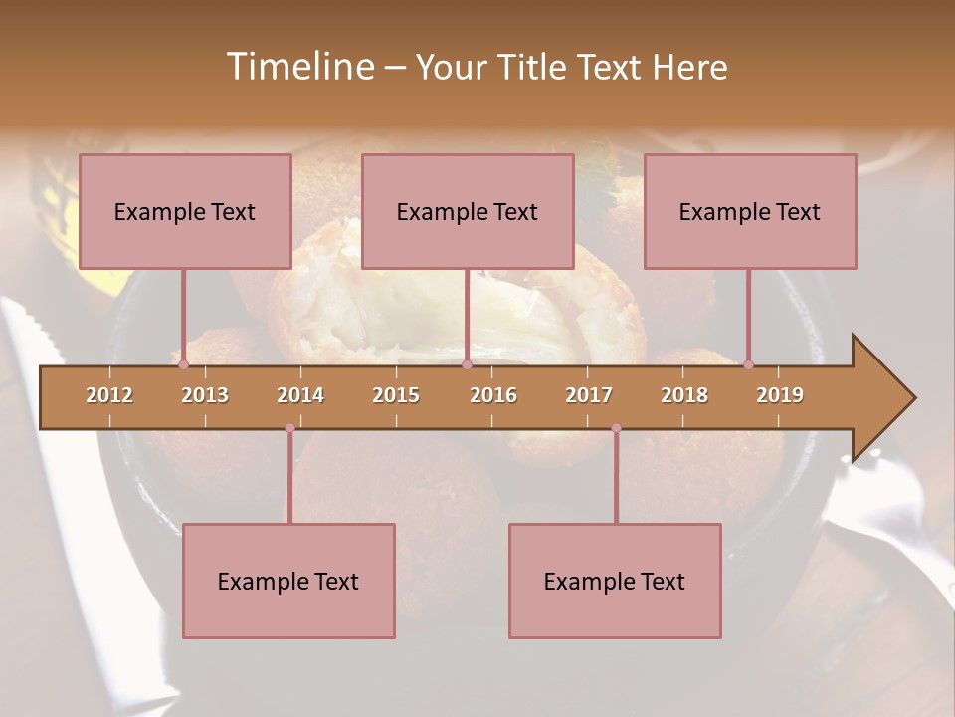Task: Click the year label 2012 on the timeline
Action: click(109, 395)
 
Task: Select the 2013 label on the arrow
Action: click(205, 395)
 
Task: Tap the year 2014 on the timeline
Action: click(300, 395)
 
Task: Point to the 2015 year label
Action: click(396, 395)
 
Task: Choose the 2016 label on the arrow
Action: click(493, 395)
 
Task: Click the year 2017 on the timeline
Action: click(589, 395)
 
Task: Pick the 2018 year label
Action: click(684, 395)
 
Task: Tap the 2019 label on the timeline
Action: click(780, 395)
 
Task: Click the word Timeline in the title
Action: click(298, 67)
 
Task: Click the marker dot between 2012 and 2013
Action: click(183, 364)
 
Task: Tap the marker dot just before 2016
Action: click(467, 364)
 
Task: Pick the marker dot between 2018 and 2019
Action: click(748, 364)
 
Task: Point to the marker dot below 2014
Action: click(289, 428)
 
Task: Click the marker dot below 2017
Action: click(616, 428)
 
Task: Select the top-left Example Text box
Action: click(185, 211)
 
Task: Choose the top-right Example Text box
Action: click(750, 211)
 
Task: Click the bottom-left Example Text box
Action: click(288, 581)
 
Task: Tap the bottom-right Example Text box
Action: click(615, 581)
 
